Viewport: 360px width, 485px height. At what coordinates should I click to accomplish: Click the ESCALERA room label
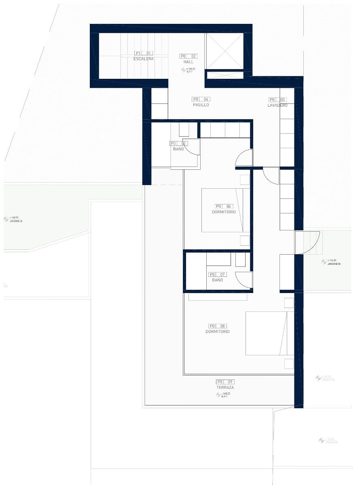coord(144,59)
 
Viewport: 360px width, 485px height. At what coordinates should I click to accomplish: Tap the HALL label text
coord(188,62)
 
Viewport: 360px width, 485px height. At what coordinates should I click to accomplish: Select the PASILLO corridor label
coord(201,105)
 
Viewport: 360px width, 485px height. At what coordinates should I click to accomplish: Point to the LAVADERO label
coord(277,105)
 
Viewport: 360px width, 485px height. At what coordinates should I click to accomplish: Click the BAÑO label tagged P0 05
coord(178,149)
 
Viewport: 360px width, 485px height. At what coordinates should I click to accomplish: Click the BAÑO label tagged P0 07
coord(217,280)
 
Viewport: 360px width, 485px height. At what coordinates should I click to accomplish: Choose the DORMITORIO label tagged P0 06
coord(224,212)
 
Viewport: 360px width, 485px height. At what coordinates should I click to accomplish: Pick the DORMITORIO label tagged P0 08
coord(217,332)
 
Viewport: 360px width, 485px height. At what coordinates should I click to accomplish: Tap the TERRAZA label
coord(225,388)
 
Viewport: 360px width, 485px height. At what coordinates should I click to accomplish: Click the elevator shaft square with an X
coord(224,51)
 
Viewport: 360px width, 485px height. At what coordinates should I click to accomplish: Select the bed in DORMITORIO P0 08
coord(269,333)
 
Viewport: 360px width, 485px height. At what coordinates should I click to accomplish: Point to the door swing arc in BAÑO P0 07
coord(244,280)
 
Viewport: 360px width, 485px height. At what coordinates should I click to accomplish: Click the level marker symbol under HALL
coord(183,70)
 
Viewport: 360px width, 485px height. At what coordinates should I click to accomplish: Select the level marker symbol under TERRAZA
coord(218,394)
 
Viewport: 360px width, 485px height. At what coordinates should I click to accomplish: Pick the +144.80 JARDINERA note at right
coord(331,262)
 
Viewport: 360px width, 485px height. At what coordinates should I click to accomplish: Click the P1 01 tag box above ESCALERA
coord(144,53)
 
